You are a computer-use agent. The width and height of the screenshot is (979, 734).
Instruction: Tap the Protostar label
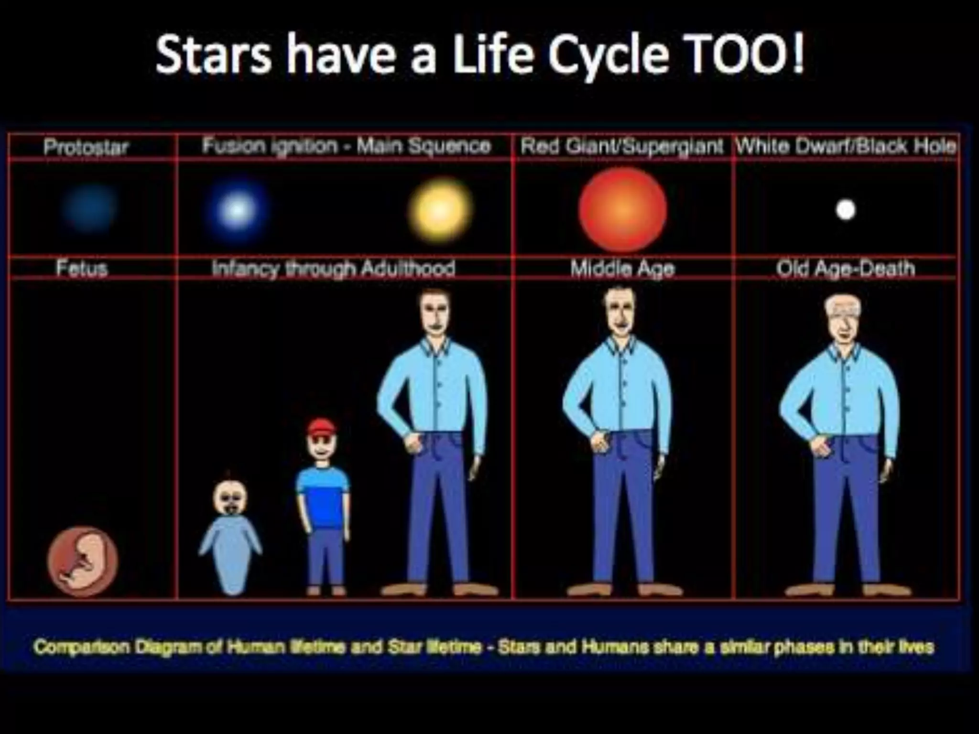tap(86, 147)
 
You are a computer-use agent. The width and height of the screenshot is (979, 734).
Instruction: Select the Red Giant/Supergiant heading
tap(621, 146)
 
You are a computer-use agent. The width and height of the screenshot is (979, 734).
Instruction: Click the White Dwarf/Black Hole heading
tap(846, 146)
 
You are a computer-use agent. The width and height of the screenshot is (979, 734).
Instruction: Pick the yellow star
tap(440, 209)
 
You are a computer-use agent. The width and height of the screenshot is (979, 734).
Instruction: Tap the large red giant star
tap(622, 209)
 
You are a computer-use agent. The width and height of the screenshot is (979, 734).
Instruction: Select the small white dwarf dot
tap(845, 210)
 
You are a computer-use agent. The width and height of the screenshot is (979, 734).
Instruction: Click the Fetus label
tap(82, 268)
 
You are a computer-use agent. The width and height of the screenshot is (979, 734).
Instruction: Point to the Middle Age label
tap(622, 269)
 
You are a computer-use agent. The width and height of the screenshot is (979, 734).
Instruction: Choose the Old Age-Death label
tap(845, 269)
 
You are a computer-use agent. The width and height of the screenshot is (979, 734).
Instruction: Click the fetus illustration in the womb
tap(82, 562)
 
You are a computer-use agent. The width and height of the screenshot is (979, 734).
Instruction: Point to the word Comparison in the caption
tap(82, 647)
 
